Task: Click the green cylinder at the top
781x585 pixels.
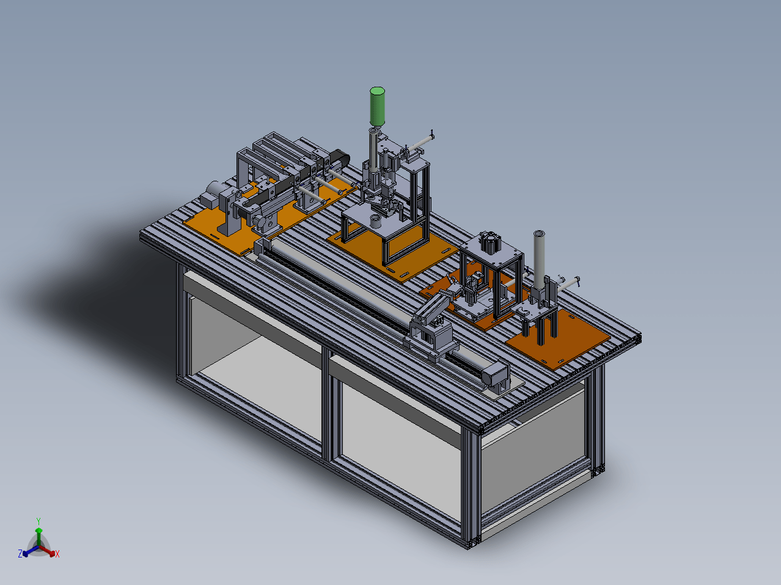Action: coord(377,107)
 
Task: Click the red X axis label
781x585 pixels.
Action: coord(57,554)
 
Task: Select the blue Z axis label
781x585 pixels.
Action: coord(20,553)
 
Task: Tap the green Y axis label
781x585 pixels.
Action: coord(38,521)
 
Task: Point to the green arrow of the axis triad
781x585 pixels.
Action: coord(38,537)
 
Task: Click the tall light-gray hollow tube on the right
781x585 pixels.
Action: coord(539,260)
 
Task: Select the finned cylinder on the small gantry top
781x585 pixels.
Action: coord(490,242)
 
